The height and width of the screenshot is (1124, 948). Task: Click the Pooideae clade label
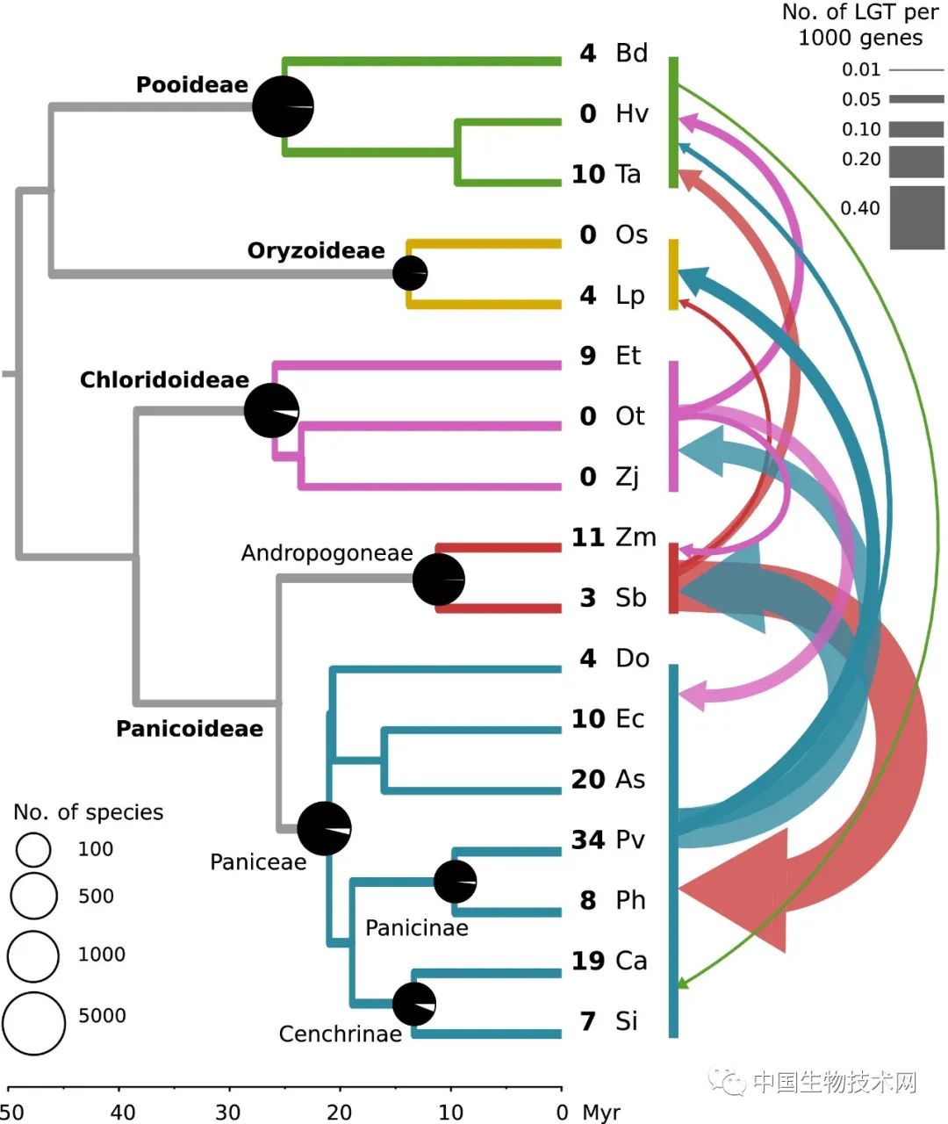(191, 85)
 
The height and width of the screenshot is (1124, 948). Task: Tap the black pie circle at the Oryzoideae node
(409, 273)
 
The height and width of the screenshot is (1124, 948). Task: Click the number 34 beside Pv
(588, 839)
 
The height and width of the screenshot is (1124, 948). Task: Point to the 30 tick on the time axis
(228, 1112)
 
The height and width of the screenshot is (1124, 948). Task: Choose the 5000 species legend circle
(33, 1023)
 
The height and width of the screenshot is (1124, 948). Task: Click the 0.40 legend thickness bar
(916, 217)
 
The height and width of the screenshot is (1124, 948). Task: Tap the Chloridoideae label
(164, 380)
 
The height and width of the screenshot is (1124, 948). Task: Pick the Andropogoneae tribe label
(327, 553)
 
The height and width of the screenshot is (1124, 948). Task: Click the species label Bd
(631, 53)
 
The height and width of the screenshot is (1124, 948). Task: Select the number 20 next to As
(588, 779)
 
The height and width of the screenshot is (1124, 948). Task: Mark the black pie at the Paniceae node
(324, 828)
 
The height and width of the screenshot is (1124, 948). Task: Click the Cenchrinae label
(340, 1034)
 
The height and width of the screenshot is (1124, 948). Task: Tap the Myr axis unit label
(601, 1113)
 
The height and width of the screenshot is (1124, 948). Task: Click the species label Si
(627, 1021)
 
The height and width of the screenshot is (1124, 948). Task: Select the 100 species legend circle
(33, 849)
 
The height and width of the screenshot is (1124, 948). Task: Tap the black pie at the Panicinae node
(455, 882)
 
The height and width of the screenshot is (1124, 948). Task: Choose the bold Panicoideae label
(189, 729)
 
